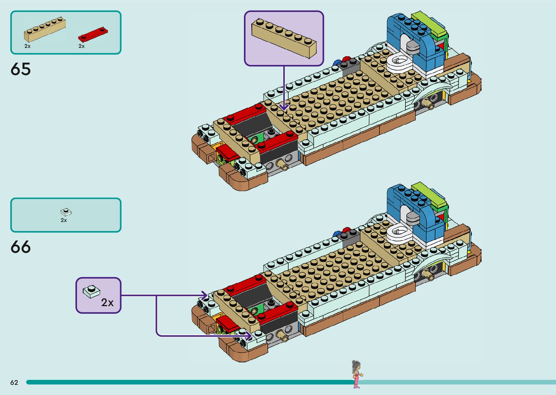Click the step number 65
(x=21, y=69)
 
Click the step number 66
(x=21, y=247)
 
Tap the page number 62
(x=14, y=382)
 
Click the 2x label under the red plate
(x=81, y=46)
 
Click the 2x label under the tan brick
(x=28, y=46)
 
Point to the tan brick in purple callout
(x=284, y=38)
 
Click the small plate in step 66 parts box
(x=65, y=212)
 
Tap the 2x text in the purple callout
(x=107, y=302)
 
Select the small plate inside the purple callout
(x=92, y=291)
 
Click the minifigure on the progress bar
(x=356, y=374)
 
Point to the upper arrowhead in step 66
(x=204, y=295)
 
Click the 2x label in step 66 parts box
(x=64, y=220)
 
